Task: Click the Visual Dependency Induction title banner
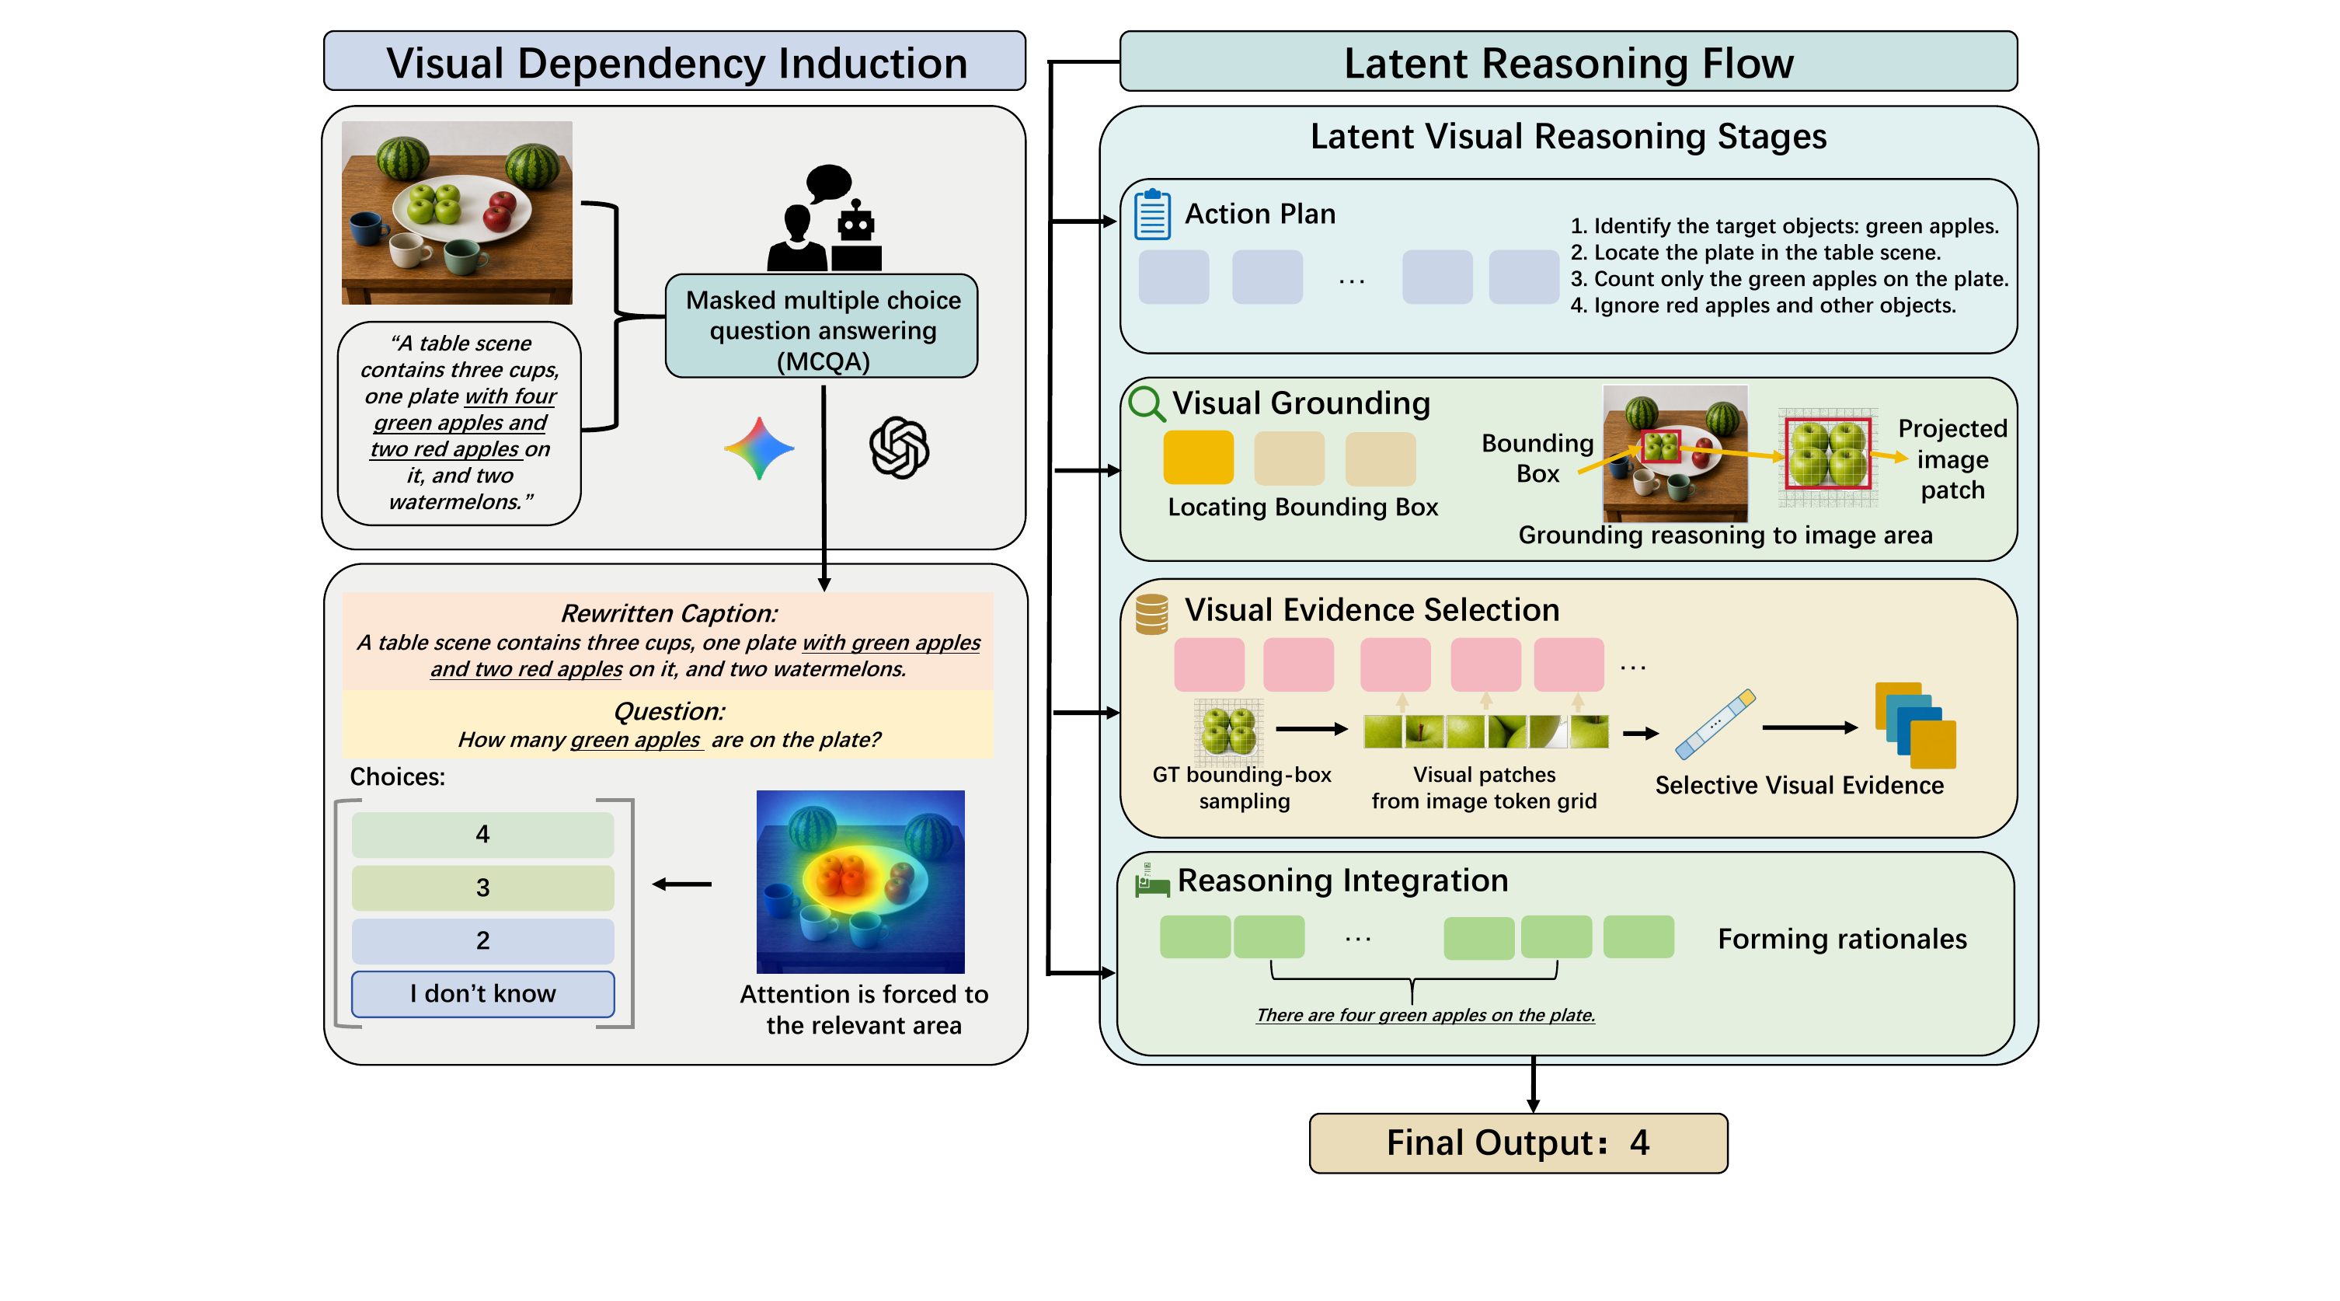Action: (x=675, y=61)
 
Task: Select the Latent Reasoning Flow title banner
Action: (x=1568, y=61)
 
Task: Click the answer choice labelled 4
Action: (x=482, y=834)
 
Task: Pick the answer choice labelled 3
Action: (x=482, y=888)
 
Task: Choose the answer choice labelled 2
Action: (x=482, y=940)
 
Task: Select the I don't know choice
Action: (x=482, y=994)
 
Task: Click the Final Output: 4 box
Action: (x=1518, y=1143)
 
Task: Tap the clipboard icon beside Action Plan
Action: (x=1152, y=215)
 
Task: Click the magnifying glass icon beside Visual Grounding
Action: (x=1147, y=403)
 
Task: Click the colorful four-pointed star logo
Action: (x=759, y=448)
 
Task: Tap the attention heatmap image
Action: (x=860, y=881)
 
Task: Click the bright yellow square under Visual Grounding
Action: (x=1198, y=458)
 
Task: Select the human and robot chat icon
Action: (x=825, y=218)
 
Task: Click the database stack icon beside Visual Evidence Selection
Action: (x=1152, y=614)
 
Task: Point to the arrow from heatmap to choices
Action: (x=682, y=884)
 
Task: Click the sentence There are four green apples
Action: (x=1426, y=1015)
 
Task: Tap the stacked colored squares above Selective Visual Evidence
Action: (x=1916, y=725)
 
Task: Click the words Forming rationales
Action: (x=1842, y=939)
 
